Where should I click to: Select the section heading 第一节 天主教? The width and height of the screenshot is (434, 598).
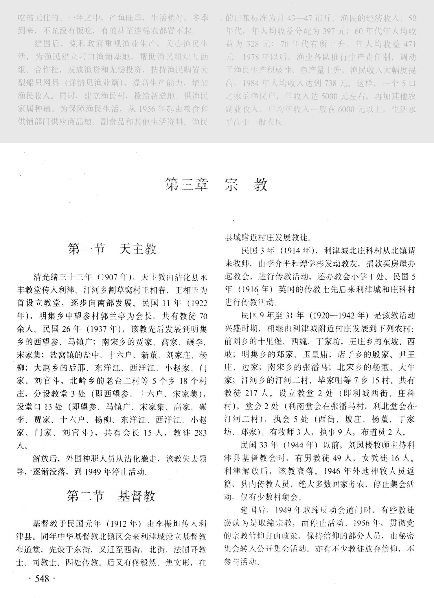112,249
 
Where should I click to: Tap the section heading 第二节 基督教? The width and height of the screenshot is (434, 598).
111,496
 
